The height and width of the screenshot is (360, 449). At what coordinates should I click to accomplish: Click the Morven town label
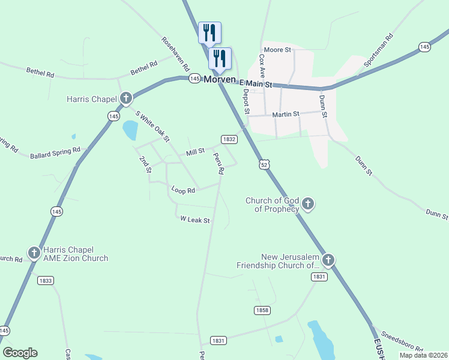(220, 79)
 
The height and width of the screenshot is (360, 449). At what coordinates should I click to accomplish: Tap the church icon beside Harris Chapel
(125, 98)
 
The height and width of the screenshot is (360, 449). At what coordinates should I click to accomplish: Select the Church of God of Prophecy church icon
(308, 204)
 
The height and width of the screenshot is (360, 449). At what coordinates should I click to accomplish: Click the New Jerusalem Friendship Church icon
(328, 260)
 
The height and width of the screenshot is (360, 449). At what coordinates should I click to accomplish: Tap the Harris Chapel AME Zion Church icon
(34, 253)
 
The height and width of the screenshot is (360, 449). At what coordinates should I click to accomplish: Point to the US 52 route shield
(264, 164)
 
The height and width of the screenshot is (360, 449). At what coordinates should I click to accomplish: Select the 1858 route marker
(262, 310)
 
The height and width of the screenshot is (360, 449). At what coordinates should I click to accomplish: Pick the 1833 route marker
(45, 280)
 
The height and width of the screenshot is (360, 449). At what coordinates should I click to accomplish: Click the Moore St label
(277, 49)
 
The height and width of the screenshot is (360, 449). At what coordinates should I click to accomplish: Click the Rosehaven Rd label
(175, 55)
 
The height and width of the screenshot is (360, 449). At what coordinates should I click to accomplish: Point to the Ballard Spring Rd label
(55, 154)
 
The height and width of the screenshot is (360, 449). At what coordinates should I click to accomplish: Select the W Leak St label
(195, 220)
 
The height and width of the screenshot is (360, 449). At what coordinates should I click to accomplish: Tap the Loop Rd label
(183, 190)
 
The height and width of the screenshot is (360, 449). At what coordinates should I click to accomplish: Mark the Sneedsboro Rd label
(402, 341)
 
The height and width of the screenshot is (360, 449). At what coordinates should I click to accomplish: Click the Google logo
(20, 353)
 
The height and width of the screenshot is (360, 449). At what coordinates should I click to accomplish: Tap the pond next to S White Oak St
(130, 129)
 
